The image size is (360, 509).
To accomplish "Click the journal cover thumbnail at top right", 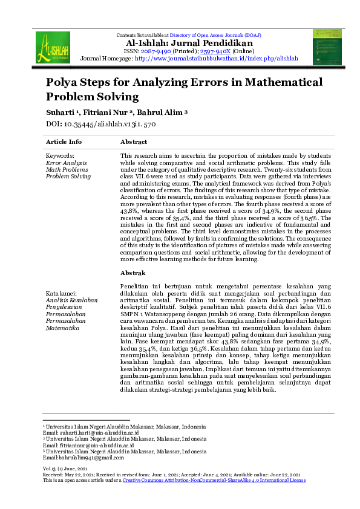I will (x=327, y=46).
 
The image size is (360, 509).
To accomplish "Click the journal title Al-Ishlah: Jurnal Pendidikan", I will (x=189, y=44).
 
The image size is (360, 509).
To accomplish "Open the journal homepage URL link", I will (x=216, y=59).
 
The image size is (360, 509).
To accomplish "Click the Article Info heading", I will (x=64, y=142).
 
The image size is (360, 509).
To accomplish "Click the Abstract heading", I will (x=134, y=142).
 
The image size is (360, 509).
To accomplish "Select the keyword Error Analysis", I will (x=67, y=163).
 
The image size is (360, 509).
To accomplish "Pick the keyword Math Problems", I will (x=67, y=170).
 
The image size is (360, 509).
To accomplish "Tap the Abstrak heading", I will (x=133, y=273).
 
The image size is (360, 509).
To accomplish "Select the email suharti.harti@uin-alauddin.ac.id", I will (x=91, y=433).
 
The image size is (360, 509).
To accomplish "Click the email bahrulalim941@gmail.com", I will (x=86, y=458).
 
